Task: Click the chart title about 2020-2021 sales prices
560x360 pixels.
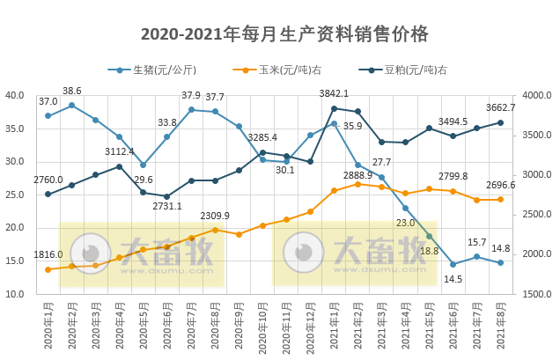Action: click(284, 34)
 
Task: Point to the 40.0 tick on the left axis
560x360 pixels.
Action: click(15, 95)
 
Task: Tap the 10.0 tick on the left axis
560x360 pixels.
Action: click(15, 294)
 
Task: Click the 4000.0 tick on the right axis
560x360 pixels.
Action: click(536, 95)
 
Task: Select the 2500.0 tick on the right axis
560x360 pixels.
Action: click(536, 215)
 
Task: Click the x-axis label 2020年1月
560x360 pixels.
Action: click(48, 327)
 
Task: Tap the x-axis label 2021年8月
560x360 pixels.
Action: click(500, 327)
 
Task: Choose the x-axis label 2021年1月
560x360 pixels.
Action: click(334, 327)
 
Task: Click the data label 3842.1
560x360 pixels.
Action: click(334, 93)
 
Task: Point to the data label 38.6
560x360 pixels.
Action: click(71, 91)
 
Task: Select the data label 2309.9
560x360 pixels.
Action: click(214, 216)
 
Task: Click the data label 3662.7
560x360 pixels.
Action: click(500, 107)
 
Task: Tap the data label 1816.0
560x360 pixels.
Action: click(48, 254)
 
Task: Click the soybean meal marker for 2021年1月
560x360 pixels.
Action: click(334, 108)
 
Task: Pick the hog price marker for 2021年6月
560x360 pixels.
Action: click(453, 264)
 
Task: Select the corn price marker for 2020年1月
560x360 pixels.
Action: click(48, 269)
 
